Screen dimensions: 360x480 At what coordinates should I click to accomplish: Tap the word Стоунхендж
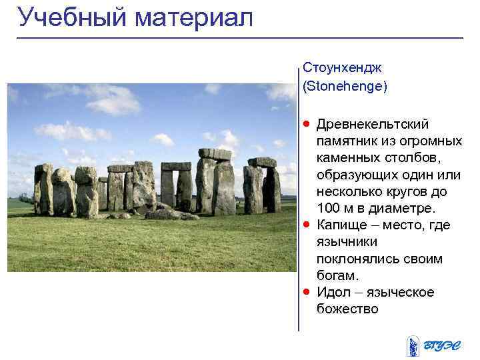(x=341, y=68)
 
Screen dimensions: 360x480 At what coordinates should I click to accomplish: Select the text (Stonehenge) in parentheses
(x=345, y=86)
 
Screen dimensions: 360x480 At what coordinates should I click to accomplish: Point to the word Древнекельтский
(x=373, y=125)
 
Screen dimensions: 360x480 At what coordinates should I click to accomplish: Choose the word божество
(x=347, y=309)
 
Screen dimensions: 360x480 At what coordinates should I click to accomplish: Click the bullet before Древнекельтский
(x=306, y=124)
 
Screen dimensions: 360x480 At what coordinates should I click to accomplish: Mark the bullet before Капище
(x=306, y=225)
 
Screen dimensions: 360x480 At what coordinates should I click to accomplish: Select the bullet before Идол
(x=306, y=292)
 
